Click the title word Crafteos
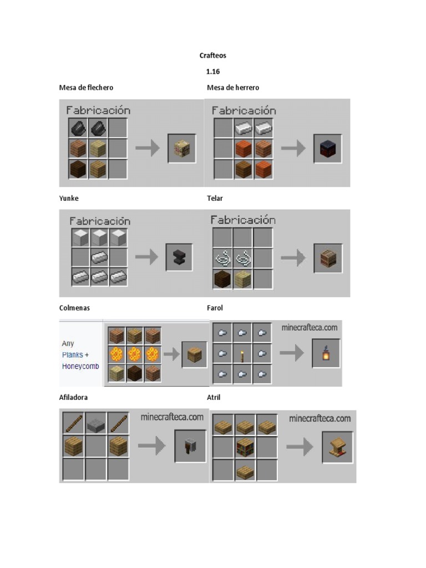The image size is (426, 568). (x=213, y=55)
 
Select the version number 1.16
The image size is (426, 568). (x=213, y=72)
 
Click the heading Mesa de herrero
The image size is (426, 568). (x=233, y=88)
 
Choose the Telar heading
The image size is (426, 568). (x=215, y=198)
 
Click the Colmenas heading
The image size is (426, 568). (x=74, y=308)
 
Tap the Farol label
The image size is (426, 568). (x=215, y=308)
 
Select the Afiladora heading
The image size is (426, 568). (x=74, y=398)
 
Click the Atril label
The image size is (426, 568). (x=214, y=398)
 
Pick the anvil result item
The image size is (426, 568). (x=179, y=257)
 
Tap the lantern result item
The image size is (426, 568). (x=326, y=353)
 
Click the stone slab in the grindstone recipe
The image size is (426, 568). (x=96, y=425)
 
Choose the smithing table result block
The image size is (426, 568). (x=328, y=149)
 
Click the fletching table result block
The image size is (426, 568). (x=182, y=148)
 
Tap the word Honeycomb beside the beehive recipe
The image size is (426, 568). (x=81, y=366)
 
